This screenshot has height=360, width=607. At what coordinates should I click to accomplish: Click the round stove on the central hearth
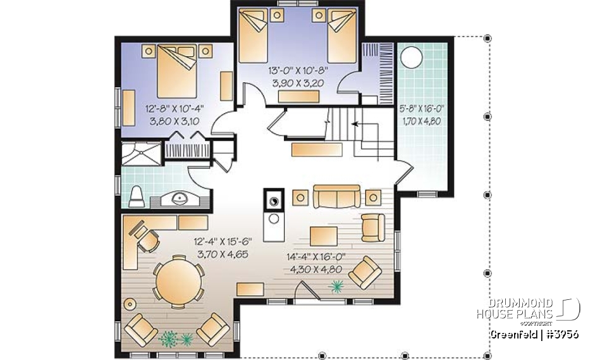coord(274,201)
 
